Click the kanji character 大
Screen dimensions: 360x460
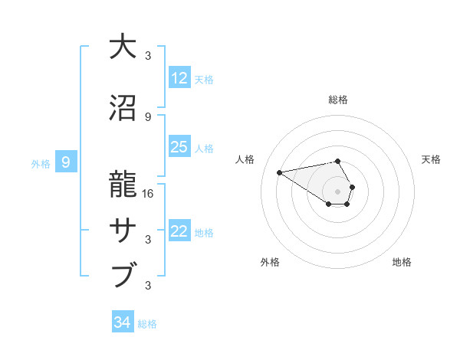click(x=123, y=47)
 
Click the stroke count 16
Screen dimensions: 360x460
click(x=149, y=194)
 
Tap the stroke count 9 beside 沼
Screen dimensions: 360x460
click(x=149, y=117)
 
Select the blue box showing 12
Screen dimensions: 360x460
click(x=179, y=78)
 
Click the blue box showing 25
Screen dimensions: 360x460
click(x=179, y=147)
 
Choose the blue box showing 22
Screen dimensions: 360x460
click(x=179, y=231)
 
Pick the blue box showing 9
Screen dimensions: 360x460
click(x=66, y=162)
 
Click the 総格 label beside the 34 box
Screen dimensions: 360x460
click(x=147, y=324)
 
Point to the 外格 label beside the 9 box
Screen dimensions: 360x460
click(x=41, y=163)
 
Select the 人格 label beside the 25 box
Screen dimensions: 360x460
click(x=204, y=148)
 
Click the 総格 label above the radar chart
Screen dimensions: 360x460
click(x=338, y=100)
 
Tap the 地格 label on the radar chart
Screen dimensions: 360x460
click(x=402, y=262)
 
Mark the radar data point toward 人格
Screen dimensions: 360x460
click(x=280, y=172)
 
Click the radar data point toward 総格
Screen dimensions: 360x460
click(x=338, y=161)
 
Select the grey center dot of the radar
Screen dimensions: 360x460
click(x=338, y=191)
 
